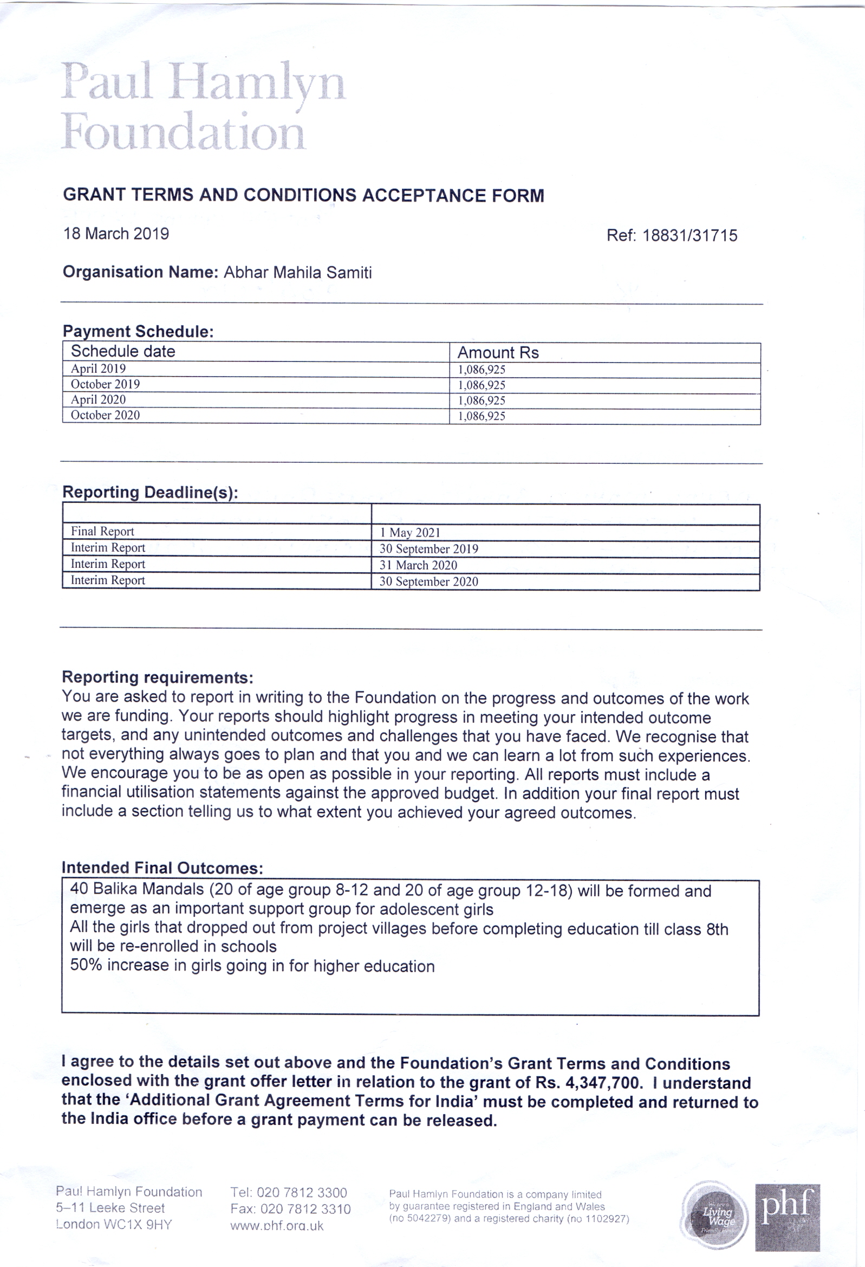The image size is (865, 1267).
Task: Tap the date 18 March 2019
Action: coord(116,234)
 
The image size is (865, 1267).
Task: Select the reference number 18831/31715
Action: coord(690,236)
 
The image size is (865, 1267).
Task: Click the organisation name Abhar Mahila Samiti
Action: coord(297,273)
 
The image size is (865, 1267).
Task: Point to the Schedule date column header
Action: coord(123,352)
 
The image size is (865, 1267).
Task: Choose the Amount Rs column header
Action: coord(498,353)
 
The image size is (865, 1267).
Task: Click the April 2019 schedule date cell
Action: coord(98,369)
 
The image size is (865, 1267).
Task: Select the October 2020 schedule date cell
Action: coord(105,416)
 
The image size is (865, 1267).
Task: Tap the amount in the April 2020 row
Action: coord(482,400)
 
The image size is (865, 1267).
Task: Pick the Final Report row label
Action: coord(102,532)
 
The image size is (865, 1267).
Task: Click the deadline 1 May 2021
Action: coord(410,533)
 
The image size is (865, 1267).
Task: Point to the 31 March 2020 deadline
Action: coord(418,565)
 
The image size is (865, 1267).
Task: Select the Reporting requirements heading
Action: coord(158,677)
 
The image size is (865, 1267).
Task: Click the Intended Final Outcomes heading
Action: coord(162,868)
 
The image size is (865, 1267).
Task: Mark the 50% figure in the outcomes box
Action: coord(86,966)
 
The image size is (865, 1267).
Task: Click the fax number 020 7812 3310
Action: coord(305,1209)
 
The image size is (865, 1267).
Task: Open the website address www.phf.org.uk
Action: coord(277,1226)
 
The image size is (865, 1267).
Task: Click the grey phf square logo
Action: coord(787,1217)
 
